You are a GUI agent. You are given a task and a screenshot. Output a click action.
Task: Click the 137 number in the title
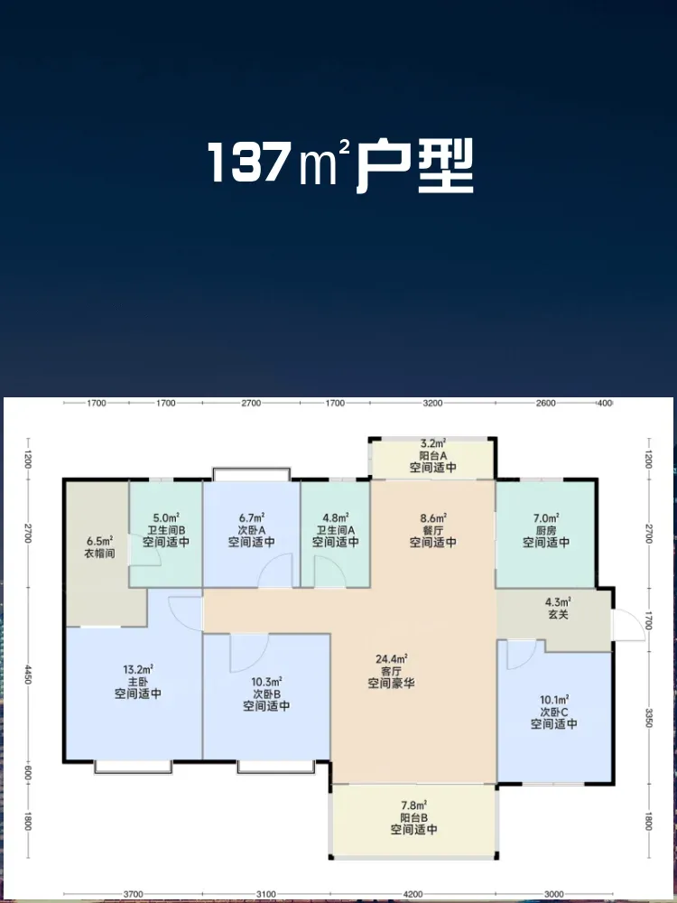point(247,163)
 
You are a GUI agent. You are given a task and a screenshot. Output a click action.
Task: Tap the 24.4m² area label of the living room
point(392,658)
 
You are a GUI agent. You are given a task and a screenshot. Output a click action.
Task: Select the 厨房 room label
point(546,530)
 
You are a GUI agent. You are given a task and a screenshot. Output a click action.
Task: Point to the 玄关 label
point(558,614)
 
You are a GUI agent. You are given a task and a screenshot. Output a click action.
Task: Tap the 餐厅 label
point(433,530)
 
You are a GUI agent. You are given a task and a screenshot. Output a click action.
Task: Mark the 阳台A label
point(433,455)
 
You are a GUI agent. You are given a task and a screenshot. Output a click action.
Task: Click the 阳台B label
point(414,817)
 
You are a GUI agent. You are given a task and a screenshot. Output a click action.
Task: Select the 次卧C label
point(554,712)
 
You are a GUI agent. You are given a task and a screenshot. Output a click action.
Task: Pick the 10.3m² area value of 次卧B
point(266,682)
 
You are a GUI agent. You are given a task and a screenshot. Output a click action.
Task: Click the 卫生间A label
point(336,530)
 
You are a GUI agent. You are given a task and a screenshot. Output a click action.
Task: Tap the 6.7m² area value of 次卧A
point(251,517)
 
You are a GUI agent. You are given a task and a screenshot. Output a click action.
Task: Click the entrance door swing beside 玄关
point(628,625)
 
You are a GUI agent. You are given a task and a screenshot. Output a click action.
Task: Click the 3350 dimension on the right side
point(649,718)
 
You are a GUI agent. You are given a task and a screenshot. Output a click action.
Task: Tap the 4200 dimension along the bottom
point(413,894)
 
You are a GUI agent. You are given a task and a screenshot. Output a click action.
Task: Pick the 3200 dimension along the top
point(433,403)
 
